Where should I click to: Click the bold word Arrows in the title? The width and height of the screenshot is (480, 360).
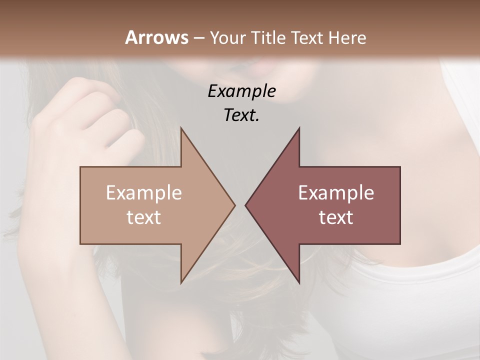click(x=156, y=37)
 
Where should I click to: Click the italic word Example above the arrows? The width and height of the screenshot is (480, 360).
click(x=241, y=91)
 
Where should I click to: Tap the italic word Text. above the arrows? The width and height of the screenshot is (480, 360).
click(x=241, y=115)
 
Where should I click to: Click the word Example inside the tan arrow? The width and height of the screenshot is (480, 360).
click(x=144, y=192)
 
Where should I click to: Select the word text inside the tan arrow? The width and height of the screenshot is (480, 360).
click(x=144, y=217)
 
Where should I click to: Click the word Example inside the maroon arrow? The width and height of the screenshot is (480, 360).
click(x=336, y=192)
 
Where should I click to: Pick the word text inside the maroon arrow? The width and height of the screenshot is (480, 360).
click(x=336, y=217)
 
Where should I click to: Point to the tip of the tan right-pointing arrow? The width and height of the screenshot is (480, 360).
click(x=234, y=205)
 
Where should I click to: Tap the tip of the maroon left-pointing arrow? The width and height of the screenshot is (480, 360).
click(x=246, y=205)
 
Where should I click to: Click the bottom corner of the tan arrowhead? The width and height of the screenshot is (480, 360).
click(x=181, y=282)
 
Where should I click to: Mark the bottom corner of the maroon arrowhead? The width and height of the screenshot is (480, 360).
click(x=299, y=282)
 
